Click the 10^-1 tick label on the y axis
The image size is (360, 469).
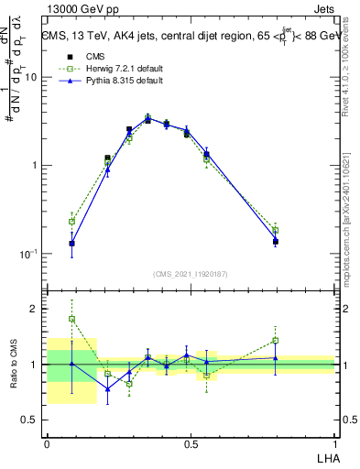(x=28, y=253)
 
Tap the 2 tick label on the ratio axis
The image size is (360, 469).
(x=35, y=310)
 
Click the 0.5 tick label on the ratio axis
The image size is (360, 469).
(x=30, y=420)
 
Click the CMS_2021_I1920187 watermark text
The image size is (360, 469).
(x=190, y=274)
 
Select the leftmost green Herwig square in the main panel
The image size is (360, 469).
(x=71, y=222)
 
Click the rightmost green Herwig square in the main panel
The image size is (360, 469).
(x=275, y=231)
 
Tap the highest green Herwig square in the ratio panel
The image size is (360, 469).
(x=71, y=319)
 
